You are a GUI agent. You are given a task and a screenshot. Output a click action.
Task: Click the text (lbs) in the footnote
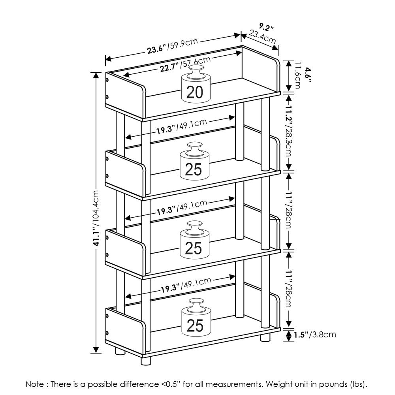click(359, 384)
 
